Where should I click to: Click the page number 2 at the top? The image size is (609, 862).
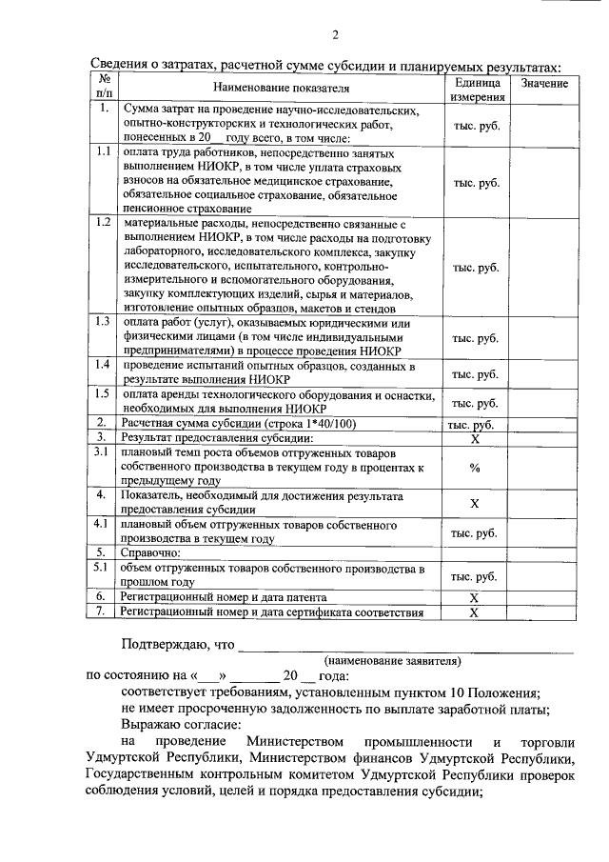click(308, 36)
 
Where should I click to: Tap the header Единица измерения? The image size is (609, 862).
click(477, 90)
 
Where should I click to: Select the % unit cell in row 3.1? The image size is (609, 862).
click(475, 469)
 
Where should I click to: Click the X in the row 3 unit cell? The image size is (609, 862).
click(475, 438)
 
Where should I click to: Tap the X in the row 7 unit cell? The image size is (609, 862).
click(475, 612)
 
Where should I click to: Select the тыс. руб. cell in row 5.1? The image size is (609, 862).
click(475, 576)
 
